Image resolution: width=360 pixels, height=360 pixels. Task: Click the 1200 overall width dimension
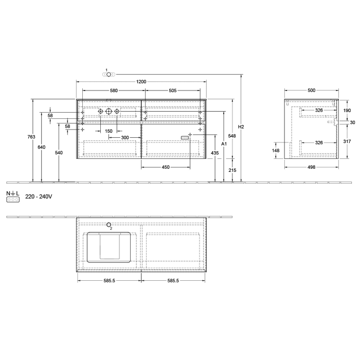click(141, 81)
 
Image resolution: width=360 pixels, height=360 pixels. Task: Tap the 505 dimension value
click(173, 91)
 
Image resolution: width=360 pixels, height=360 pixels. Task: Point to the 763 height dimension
click(31, 137)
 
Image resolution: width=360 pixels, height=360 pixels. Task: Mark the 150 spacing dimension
click(109, 131)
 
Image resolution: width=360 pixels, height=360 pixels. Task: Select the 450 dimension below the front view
click(166, 167)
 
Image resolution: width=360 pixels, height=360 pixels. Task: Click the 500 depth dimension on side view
click(311, 91)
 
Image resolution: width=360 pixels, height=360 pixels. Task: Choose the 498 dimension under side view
click(311, 167)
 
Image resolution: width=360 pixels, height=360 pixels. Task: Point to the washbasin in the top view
click(108, 247)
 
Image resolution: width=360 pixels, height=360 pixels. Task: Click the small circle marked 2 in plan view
click(109, 224)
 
